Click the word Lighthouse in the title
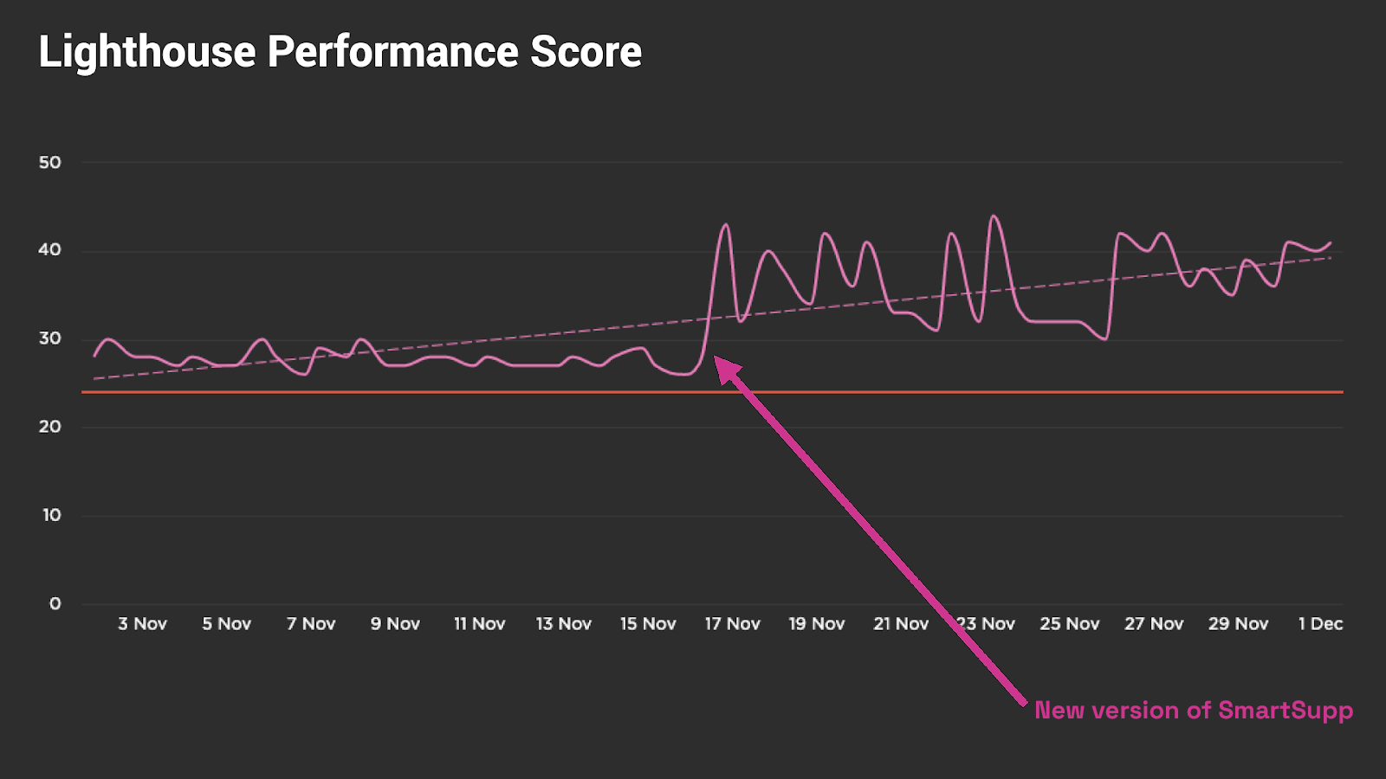[147, 52]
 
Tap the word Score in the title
[586, 52]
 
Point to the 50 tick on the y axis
[50, 163]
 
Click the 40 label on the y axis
[50, 250]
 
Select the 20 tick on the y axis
[50, 427]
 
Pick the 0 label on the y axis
[55, 604]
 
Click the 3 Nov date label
[142, 624]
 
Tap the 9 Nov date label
[395, 624]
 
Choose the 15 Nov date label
[648, 624]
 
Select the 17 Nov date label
[732, 624]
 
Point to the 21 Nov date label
[901, 624]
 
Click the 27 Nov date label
[1154, 624]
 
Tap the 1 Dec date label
[1320, 624]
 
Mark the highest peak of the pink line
[994, 216]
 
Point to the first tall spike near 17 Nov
[726, 225]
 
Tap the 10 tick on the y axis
[52, 515]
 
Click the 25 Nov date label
[1070, 624]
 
